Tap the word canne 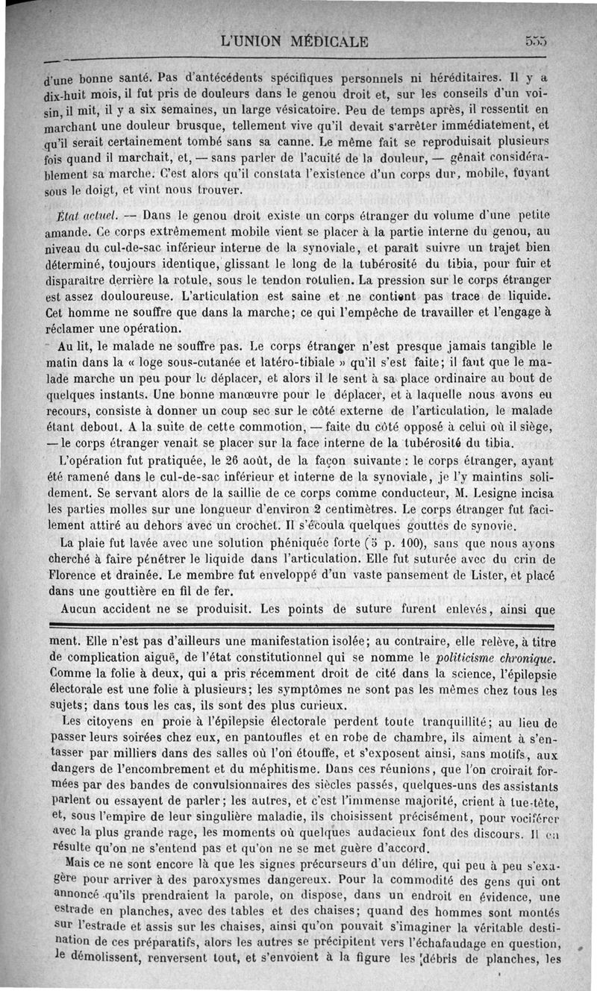(281, 140)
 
